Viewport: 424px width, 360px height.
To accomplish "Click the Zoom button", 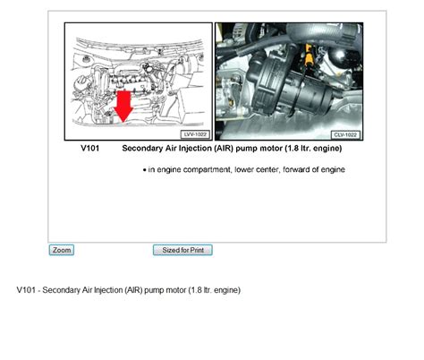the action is (x=62, y=250).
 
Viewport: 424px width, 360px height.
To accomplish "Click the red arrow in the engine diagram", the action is (x=123, y=107).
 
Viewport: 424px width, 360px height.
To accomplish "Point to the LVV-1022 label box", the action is (x=195, y=134).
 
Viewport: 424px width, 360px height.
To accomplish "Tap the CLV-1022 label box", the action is (x=345, y=135).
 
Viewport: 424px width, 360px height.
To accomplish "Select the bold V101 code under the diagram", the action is (x=90, y=148).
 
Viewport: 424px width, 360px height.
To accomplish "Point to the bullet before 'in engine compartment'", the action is (x=144, y=170).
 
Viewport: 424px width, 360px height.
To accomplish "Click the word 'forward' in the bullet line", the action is (x=295, y=169).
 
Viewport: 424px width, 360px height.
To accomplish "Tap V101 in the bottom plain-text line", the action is (x=26, y=290).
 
